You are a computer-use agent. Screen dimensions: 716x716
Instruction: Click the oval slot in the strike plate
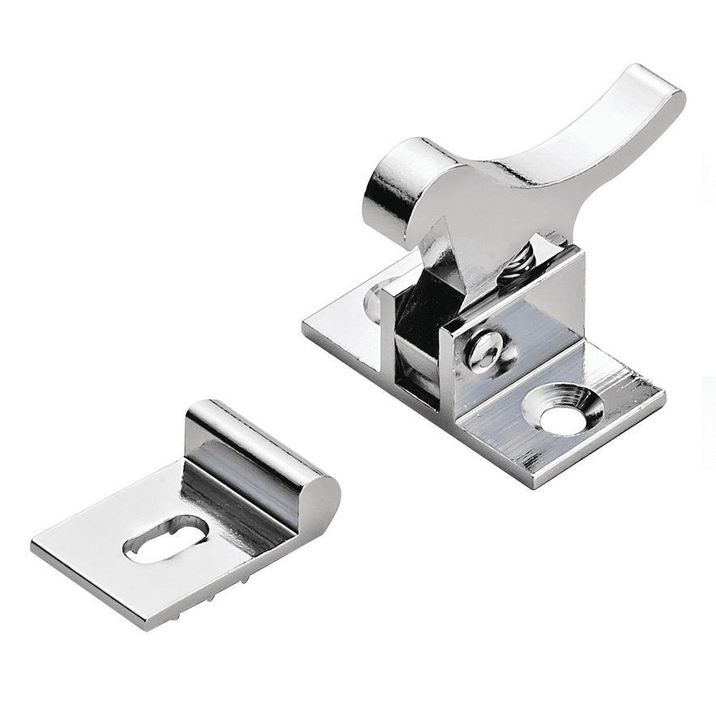point(166,538)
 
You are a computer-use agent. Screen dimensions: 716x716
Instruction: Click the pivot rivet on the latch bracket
point(486,350)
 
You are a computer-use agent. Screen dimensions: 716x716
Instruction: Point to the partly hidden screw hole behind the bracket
point(373,301)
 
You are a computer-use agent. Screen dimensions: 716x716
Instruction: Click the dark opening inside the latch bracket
point(417,340)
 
